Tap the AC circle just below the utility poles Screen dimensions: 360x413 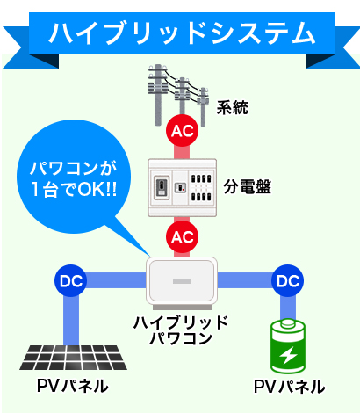click(x=182, y=130)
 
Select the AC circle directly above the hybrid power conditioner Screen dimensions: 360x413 click(x=182, y=236)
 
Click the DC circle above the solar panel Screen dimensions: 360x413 click(x=70, y=280)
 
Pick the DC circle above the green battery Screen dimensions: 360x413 click(x=287, y=280)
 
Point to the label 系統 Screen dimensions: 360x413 click(x=233, y=107)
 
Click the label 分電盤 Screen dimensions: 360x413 click(x=248, y=186)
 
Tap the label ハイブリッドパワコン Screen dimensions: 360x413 click(x=181, y=330)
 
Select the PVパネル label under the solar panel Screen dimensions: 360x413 click(x=73, y=386)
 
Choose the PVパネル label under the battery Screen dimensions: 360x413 click(x=289, y=387)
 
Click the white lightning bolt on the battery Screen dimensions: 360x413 click(x=288, y=355)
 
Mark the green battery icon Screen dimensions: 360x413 click(x=288, y=346)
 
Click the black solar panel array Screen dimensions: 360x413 click(x=73, y=358)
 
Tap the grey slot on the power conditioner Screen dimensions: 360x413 click(x=182, y=281)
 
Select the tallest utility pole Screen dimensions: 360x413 click(x=158, y=95)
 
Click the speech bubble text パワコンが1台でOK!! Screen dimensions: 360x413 click(x=74, y=178)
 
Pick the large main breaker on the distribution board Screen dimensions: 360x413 click(x=162, y=187)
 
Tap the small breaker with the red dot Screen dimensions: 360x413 click(x=181, y=187)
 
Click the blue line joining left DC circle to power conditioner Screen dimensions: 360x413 click(x=116, y=280)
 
